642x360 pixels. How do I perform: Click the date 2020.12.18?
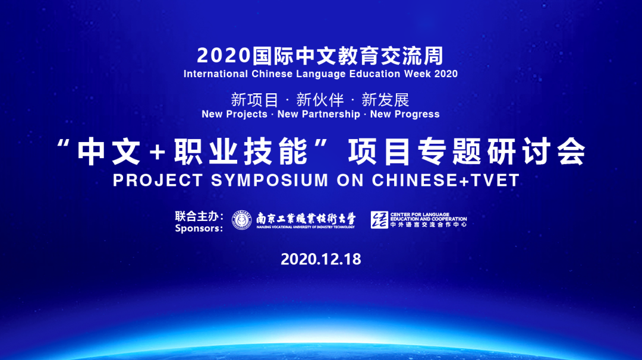(320, 260)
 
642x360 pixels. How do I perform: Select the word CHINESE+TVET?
(446, 181)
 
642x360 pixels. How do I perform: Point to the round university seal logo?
(242, 220)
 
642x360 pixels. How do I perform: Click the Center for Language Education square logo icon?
(379, 220)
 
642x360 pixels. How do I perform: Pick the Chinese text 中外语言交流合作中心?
(428, 225)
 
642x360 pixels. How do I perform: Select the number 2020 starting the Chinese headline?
(222, 56)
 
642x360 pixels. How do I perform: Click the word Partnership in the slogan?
(330, 114)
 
